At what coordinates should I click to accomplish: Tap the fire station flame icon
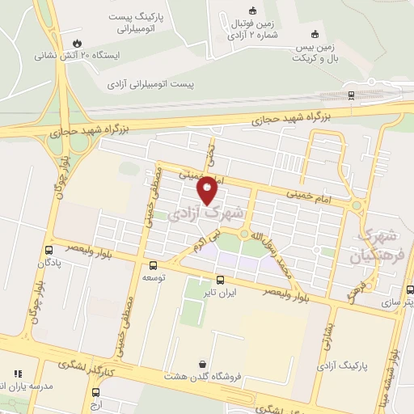(x=77, y=44)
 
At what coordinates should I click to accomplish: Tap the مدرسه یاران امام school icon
(x=17, y=374)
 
